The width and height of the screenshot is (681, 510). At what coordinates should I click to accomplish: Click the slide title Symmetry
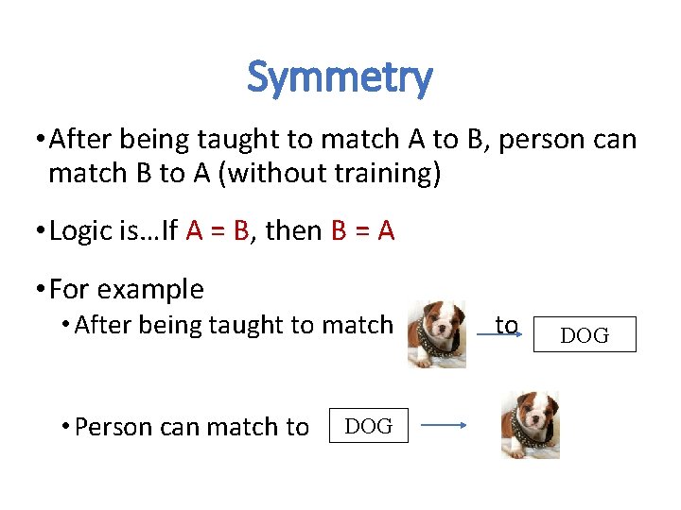pyautogui.click(x=340, y=77)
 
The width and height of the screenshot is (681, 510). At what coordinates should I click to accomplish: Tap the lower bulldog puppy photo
pyautogui.click(x=530, y=425)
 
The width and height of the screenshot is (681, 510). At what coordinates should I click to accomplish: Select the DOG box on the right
pyautogui.click(x=585, y=334)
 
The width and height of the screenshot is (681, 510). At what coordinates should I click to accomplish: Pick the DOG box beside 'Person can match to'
pyautogui.click(x=369, y=426)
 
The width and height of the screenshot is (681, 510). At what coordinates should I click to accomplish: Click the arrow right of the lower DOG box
pyautogui.click(x=445, y=426)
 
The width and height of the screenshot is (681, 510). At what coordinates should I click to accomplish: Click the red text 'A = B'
pyautogui.click(x=218, y=230)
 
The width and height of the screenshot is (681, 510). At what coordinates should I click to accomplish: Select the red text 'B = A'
pyautogui.click(x=363, y=230)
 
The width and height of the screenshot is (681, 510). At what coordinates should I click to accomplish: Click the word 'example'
pyautogui.click(x=155, y=289)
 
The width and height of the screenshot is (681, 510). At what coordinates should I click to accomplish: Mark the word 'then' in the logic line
pyautogui.click(x=293, y=230)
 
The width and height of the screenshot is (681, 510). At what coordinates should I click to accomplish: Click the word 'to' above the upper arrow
pyautogui.click(x=507, y=325)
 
